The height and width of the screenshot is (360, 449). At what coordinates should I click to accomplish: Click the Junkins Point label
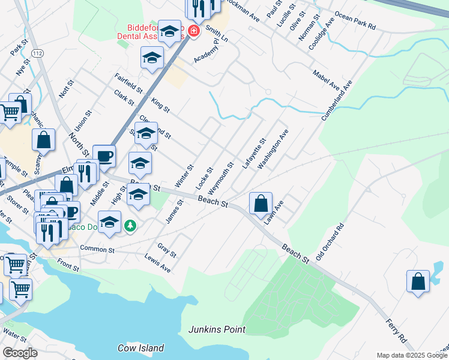point(217,329)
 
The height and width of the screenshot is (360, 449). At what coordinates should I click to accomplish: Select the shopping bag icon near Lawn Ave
point(261,203)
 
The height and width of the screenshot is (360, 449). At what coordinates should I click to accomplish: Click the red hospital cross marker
point(194,31)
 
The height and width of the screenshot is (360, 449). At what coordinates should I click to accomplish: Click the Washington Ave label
point(273,148)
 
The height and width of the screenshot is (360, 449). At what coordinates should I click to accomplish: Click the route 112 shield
point(38,54)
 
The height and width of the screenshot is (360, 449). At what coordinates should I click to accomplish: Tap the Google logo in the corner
point(20,353)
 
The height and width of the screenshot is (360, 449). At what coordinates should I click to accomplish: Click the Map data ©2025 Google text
point(412,355)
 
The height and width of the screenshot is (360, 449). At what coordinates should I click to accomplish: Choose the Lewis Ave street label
point(157,262)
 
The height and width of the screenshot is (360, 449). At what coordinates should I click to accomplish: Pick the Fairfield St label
point(128,83)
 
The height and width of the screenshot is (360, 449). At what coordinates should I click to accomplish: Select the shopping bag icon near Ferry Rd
point(418,281)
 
